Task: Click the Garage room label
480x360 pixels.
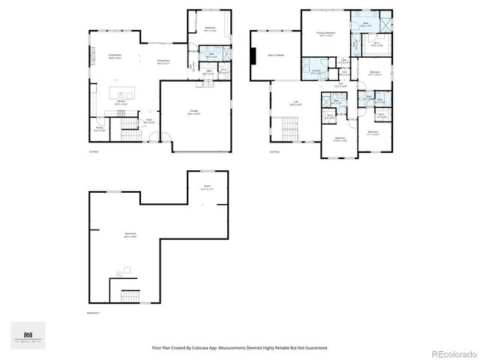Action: pos(193,112)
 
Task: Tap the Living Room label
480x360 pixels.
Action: pos(115,56)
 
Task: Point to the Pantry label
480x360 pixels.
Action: pos(99,129)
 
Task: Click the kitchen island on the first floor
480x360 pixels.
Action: pos(120,100)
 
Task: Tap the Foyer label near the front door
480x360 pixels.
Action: pos(149,120)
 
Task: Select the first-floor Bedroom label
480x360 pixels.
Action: pos(210,29)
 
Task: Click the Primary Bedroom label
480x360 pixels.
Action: pos(325,34)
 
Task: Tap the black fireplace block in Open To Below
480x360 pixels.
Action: pos(254,57)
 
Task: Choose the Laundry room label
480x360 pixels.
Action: pos(316,71)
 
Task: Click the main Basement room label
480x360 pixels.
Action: pos(130,235)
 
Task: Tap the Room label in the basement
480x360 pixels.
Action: pos(207,187)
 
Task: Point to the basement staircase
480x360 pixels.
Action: pos(130,294)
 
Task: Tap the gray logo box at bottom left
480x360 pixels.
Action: pos(28,334)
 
